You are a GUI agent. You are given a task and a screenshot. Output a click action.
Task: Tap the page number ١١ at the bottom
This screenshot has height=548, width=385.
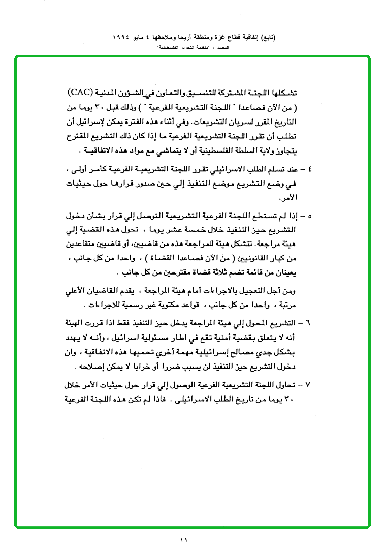183,540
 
